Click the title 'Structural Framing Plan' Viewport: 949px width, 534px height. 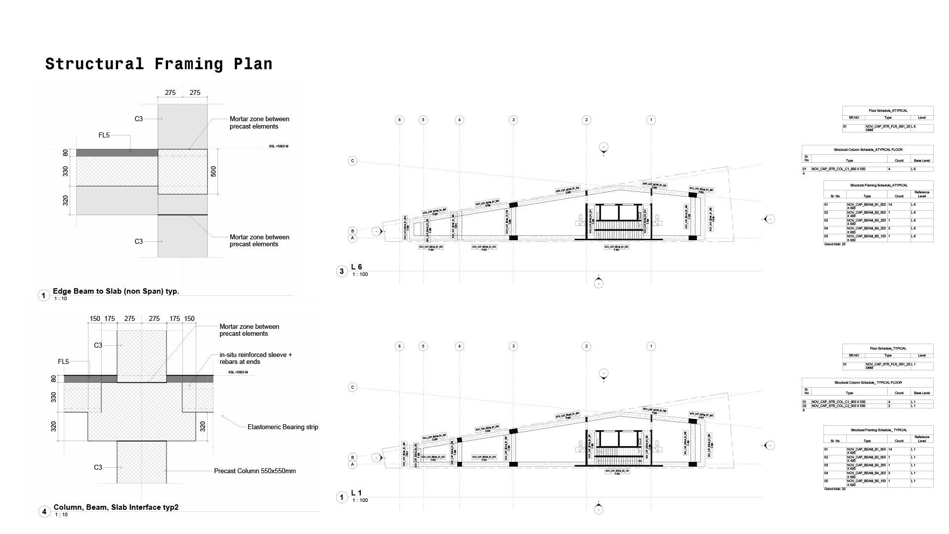pyautogui.click(x=159, y=64)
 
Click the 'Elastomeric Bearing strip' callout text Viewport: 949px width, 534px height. pyautogui.click(x=283, y=427)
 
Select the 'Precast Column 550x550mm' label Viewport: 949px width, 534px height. pyautogui.click(x=255, y=471)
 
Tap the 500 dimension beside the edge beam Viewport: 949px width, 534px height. pyautogui.click(x=214, y=172)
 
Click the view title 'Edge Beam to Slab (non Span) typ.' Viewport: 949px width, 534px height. pyautogui.click(x=116, y=291)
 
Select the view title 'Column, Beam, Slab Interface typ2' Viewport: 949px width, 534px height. pyautogui.click(x=116, y=507)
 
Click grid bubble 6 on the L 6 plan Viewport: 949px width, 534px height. pyautogui.click(x=400, y=120)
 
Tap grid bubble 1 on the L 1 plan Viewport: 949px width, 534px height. pyautogui.click(x=651, y=346)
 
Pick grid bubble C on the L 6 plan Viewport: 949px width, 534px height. pyautogui.click(x=352, y=161)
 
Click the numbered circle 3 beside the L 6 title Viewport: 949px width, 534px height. pyautogui.click(x=342, y=271)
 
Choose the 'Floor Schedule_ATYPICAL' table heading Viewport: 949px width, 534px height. pyautogui.click(x=888, y=111)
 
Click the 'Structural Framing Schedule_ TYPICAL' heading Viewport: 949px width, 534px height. pyautogui.click(x=878, y=430)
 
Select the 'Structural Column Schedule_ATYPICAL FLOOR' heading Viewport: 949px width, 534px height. pyautogui.click(x=867, y=150)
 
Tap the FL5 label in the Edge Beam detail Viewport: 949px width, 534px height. pyautogui.click(x=104, y=135)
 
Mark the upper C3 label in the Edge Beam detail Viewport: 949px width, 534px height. pyautogui.click(x=138, y=119)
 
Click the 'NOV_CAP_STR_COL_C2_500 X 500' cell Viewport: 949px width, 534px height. pyautogui.click(x=838, y=406)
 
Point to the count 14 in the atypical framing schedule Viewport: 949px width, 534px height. pyautogui.click(x=890, y=205)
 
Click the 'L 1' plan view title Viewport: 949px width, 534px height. pyautogui.click(x=356, y=493)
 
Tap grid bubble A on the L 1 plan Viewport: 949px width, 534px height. pyautogui.click(x=352, y=464)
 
